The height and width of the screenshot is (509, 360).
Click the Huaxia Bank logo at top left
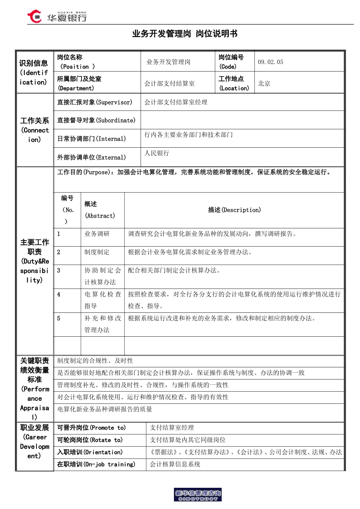57,16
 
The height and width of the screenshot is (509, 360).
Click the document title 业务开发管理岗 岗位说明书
185,34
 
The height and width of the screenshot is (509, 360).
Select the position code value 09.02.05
270,62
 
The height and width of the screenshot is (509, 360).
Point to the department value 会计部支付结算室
169,83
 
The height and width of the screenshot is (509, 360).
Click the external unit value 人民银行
157,153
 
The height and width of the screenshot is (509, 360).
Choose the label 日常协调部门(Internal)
91,139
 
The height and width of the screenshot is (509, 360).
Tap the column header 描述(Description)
234,210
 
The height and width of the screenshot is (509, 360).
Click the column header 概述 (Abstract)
99,210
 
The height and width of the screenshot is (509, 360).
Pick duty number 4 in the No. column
59,294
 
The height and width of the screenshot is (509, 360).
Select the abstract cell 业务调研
97,234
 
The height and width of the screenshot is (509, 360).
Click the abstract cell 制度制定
97,252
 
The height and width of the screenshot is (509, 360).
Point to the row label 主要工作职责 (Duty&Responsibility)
34,261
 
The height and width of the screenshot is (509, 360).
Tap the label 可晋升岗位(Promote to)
91,428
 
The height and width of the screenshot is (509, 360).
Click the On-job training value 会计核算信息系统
175,464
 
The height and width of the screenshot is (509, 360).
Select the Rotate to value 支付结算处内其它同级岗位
188,440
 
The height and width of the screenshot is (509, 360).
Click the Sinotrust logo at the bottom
197,495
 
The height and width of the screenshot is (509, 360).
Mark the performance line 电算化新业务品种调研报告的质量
105,409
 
